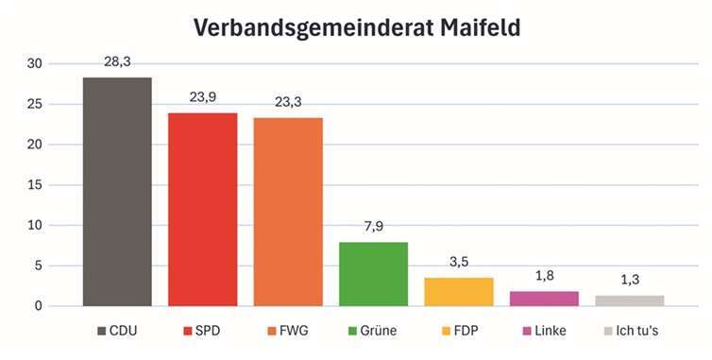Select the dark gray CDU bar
coord(117,192)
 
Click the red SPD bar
coord(202,210)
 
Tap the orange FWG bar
coord(288,212)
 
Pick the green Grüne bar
coord(373,274)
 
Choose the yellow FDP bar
coord(459,292)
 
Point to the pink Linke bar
coord(544,299)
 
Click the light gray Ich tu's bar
coord(630,300)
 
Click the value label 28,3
coord(117,61)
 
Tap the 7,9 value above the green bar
coord(373,227)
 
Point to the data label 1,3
coord(630,280)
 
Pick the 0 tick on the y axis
coord(38,306)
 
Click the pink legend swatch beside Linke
coord(526,332)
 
